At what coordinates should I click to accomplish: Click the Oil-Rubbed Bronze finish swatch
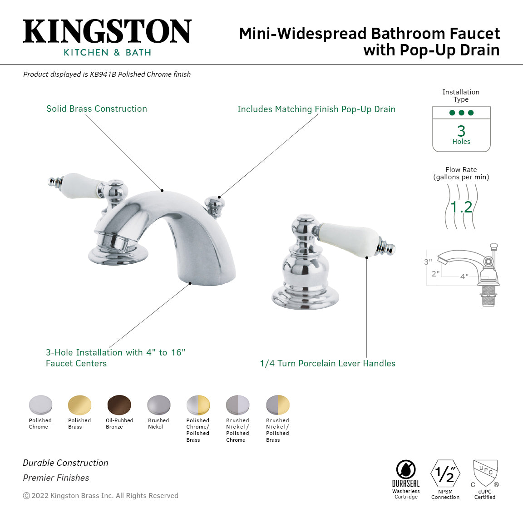pos(119,405)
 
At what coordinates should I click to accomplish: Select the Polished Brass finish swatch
pos(79,405)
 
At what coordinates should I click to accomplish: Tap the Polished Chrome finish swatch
pos(40,405)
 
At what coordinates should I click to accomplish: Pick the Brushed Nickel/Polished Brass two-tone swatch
pos(277,405)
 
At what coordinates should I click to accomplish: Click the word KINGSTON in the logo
pos(107,32)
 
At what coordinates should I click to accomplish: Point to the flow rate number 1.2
pos(461,207)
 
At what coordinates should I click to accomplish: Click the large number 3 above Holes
pos(461,131)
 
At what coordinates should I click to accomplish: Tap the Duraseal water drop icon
pos(406,469)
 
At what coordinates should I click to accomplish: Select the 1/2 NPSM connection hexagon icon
pos(445,474)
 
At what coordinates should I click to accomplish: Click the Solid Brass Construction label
pos(97,109)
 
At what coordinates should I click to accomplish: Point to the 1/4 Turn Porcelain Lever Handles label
pos(327,364)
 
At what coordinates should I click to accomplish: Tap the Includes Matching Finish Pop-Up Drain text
pos(316,109)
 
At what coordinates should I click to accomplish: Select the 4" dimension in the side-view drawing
pos(464,276)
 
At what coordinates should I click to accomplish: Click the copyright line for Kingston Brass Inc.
pos(101,496)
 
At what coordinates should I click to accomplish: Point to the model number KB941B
pos(103,74)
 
